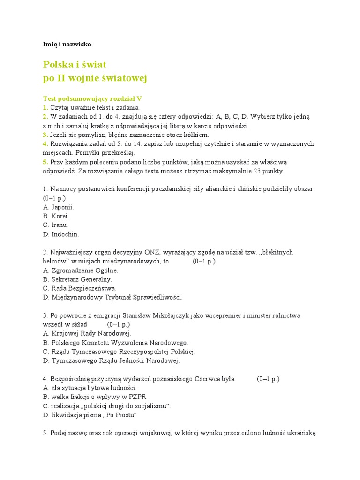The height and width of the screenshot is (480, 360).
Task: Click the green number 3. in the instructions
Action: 45,135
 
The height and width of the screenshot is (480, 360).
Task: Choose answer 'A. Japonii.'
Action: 58,207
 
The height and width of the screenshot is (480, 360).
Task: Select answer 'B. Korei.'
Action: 56,216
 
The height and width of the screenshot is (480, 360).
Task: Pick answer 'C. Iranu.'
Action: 55,225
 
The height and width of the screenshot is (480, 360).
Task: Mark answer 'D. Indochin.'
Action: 61,234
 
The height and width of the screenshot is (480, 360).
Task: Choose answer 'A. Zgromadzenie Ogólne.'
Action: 80,270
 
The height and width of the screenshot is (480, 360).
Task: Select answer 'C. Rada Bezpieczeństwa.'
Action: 79,288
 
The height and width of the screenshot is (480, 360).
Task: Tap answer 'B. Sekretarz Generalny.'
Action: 77,279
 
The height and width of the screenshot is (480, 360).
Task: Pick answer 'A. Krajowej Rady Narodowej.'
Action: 87,333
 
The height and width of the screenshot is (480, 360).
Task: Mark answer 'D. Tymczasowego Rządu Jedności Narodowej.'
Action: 111,360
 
